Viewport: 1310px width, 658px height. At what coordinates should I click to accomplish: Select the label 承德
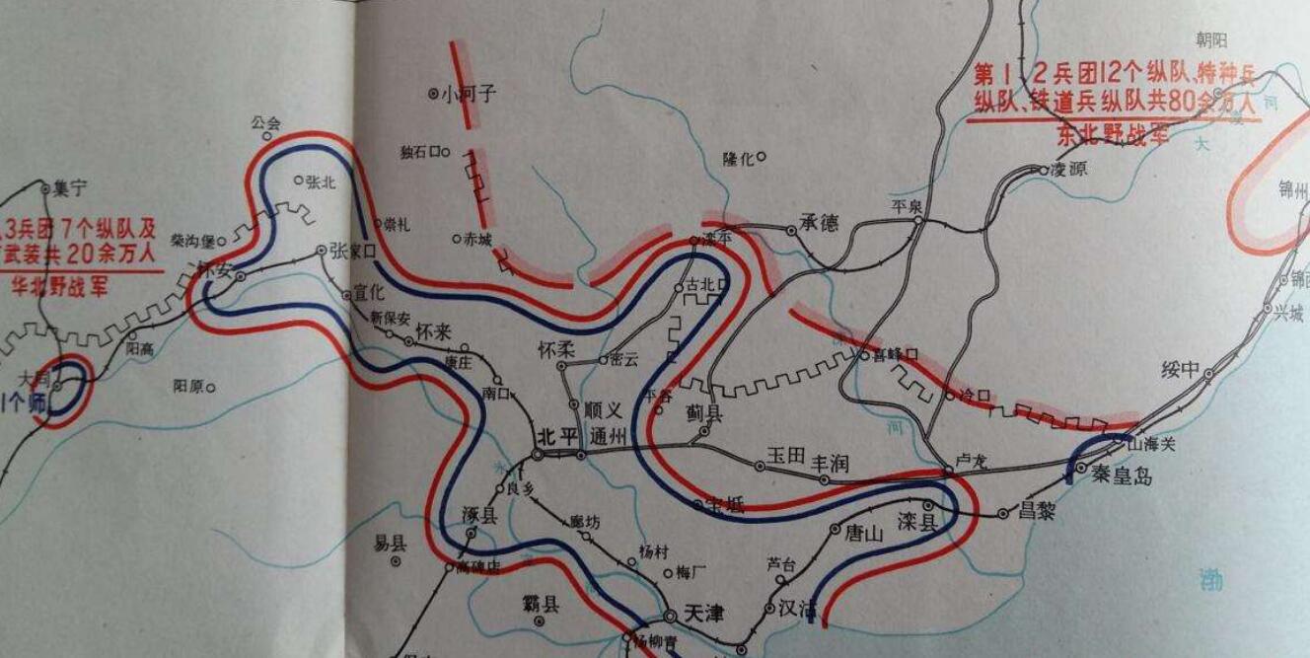coord(819,224)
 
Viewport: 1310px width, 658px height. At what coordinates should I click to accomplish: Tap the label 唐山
coord(863,534)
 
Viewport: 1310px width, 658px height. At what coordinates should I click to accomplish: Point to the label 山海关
coord(1152,445)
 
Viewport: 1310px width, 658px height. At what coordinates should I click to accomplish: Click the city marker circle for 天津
coord(671,616)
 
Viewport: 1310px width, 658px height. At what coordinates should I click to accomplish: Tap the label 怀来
coord(434,331)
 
